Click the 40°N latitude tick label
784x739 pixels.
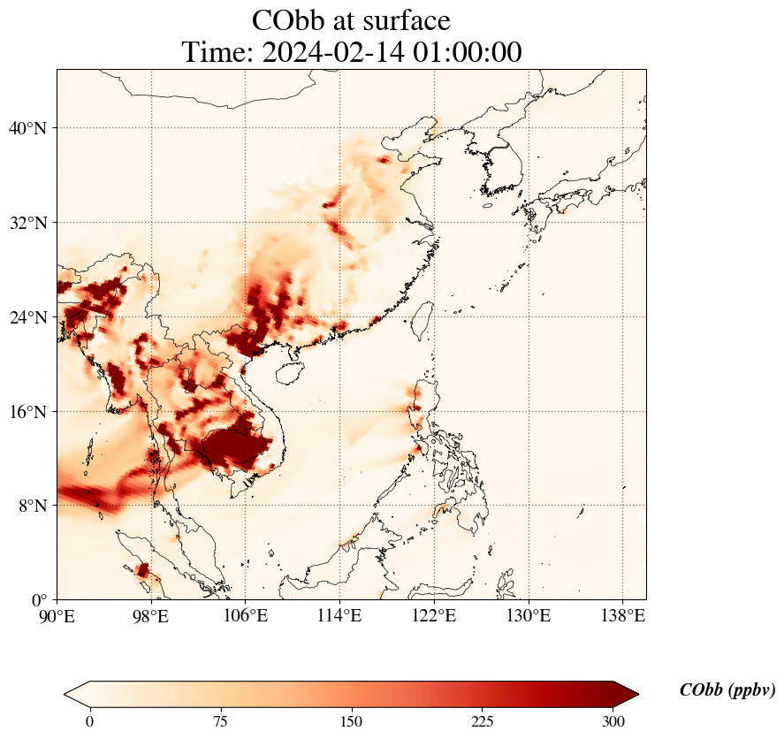tap(27, 128)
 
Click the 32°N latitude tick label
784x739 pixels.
tap(27, 223)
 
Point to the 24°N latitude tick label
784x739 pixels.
tap(27, 317)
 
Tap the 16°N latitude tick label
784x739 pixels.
tap(27, 412)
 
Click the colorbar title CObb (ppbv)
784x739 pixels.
tap(727, 690)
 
